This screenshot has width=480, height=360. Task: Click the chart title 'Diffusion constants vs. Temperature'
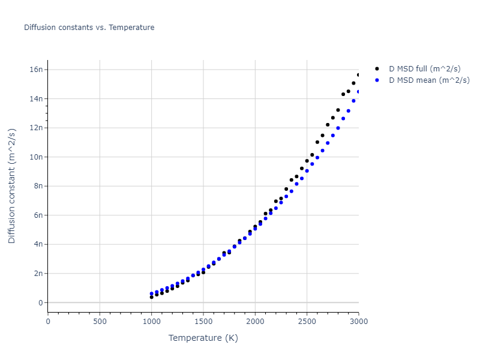89,28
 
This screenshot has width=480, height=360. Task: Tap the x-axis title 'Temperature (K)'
203,338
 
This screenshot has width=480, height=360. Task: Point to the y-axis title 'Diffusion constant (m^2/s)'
12,185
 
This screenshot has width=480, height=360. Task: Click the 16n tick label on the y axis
36,70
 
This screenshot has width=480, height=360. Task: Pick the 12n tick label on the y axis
36,128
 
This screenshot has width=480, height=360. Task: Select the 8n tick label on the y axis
38,186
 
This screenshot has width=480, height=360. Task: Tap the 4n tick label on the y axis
38,244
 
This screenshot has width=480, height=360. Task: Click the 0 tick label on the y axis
41,302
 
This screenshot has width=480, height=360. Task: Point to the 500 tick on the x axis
100,321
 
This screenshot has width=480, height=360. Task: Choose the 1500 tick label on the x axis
203,321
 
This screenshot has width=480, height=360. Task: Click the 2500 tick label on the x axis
307,321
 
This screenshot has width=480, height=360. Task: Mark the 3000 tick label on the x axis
358,321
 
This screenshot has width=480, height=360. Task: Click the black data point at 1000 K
151,297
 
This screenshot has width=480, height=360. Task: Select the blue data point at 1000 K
151,293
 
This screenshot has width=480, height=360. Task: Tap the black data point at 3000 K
359,75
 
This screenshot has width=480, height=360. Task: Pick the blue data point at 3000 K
359,92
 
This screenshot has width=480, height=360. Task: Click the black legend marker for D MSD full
377,69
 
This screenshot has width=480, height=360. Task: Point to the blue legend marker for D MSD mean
377,80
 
